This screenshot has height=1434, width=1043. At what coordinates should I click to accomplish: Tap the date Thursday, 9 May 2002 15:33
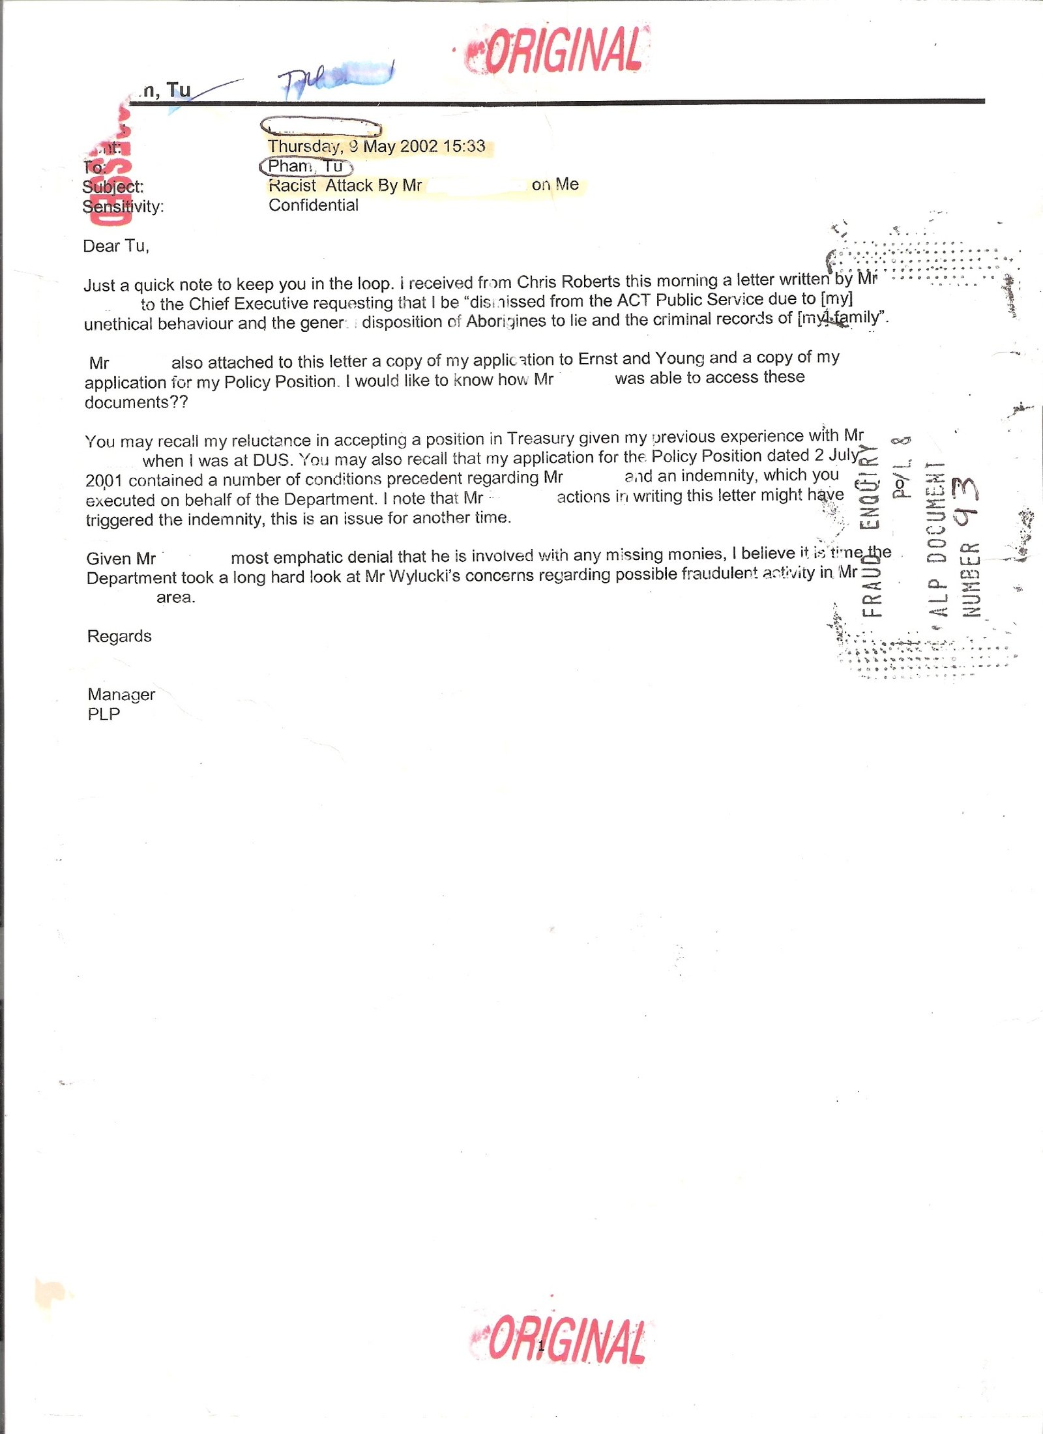point(376,146)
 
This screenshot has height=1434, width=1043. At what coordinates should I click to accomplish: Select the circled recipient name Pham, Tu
point(305,166)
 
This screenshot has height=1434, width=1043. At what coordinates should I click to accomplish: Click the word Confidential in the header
point(314,205)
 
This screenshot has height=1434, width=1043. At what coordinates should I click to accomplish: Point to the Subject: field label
point(113,187)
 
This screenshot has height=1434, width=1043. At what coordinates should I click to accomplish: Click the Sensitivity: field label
point(123,207)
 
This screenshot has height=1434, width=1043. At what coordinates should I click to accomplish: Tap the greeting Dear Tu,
point(116,246)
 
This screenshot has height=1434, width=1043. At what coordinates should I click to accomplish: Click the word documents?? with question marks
point(136,402)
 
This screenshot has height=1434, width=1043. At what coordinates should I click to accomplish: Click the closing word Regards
point(119,636)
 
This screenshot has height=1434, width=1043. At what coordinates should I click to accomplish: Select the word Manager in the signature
point(121,694)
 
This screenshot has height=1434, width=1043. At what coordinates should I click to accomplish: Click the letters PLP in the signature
point(104,714)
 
